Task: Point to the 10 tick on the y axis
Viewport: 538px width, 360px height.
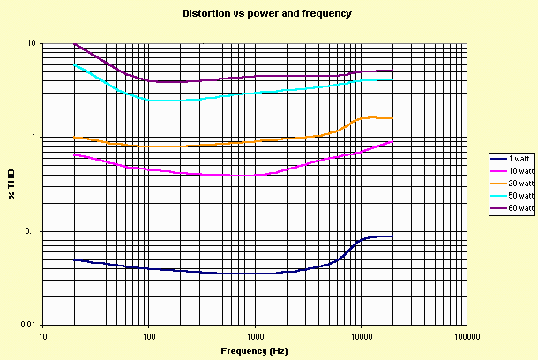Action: point(31,43)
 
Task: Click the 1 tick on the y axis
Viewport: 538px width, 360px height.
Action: point(33,138)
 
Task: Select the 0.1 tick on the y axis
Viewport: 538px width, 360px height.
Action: point(29,231)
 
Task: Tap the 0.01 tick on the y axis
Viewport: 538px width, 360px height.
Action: point(27,326)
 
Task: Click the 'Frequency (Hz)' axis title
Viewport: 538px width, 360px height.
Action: point(254,350)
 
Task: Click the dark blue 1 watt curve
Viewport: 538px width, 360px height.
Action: point(220,274)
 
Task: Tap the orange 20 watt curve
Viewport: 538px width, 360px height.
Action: point(220,144)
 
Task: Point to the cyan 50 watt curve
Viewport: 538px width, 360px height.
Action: point(220,96)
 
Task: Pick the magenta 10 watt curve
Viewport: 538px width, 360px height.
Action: point(220,175)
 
